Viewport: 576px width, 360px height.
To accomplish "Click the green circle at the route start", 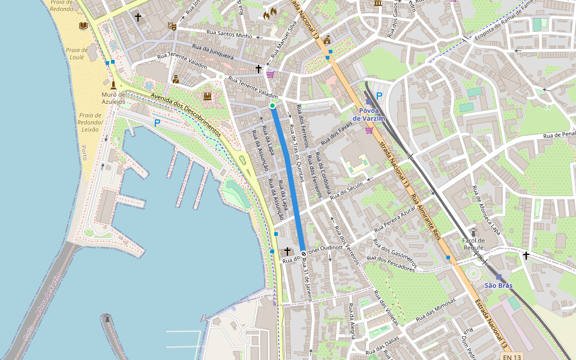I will [x=272, y=106].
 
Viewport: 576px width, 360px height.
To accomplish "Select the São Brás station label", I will [x=498, y=286].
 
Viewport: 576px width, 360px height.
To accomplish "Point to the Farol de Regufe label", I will [x=473, y=244].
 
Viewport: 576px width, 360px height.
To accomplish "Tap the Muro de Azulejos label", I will [x=113, y=98].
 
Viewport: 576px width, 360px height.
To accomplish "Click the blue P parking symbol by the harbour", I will [x=157, y=123].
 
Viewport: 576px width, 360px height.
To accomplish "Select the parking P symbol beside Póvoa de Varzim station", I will [x=379, y=95].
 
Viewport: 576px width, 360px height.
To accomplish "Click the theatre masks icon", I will [x=172, y=26].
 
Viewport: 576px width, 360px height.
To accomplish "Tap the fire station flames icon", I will [x=270, y=12].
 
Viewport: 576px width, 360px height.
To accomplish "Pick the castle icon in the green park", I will [x=208, y=96].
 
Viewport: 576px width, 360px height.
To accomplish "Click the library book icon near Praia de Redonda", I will [x=83, y=26].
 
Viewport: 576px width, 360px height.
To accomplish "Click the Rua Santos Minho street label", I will [x=227, y=35].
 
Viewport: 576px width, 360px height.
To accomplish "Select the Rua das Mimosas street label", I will [x=436, y=307].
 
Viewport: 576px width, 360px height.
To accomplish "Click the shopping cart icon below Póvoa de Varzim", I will [x=368, y=130].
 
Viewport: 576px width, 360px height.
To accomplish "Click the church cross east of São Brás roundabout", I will [x=526, y=256].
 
